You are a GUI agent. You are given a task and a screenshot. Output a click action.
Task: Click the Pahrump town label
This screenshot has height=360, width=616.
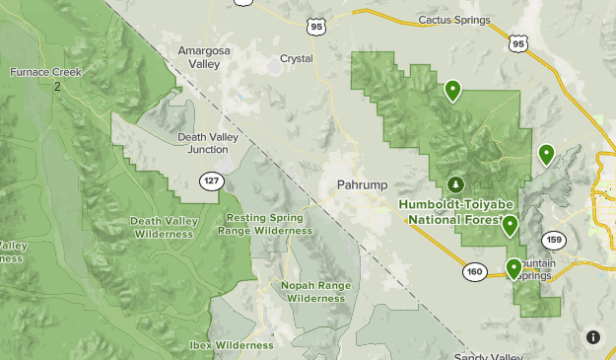pyautogui.click(x=362, y=184)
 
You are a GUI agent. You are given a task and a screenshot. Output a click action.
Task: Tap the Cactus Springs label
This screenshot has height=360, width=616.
pyautogui.click(x=453, y=19)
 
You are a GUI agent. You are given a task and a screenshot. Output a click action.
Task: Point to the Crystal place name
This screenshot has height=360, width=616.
pyautogui.click(x=297, y=58)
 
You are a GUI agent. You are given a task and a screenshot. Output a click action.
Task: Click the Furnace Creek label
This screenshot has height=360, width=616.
pyautogui.click(x=46, y=72)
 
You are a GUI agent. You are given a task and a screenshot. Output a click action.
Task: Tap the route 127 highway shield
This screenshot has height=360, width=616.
pyautogui.click(x=211, y=181)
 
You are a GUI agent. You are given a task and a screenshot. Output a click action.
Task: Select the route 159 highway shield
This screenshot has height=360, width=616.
pyautogui.click(x=554, y=240)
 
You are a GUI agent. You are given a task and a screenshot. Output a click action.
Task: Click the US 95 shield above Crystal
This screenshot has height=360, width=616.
pyautogui.click(x=315, y=27)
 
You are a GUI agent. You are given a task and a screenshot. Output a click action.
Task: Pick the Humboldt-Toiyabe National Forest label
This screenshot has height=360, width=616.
pyautogui.click(x=456, y=210)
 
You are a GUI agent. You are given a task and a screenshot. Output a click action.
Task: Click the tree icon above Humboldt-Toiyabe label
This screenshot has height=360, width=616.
pyautogui.click(x=455, y=184)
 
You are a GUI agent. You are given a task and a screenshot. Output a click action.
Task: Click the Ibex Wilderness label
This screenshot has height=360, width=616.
pyautogui.click(x=232, y=345)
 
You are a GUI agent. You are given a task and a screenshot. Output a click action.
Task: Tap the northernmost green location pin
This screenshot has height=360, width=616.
pyautogui.click(x=452, y=91)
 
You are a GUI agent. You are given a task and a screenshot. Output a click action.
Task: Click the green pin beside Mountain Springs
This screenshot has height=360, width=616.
pyautogui.click(x=513, y=268)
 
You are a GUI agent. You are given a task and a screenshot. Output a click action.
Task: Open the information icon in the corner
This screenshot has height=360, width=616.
pyautogui.click(x=593, y=337)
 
